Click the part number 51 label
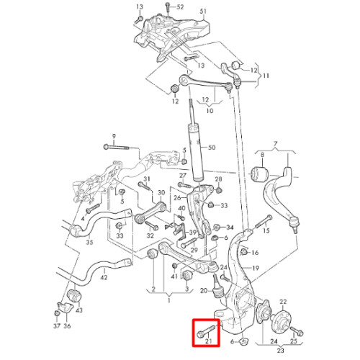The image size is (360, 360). click(x=203, y=12)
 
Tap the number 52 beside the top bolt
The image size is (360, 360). click(x=180, y=7)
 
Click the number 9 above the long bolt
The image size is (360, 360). click(x=114, y=136)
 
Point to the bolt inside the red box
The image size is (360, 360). click(x=207, y=330)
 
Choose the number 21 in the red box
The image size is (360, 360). click(x=209, y=341)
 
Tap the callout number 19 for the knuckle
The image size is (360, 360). click(x=256, y=268)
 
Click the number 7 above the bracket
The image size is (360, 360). click(x=275, y=144)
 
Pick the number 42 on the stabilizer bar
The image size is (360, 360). click(x=104, y=277)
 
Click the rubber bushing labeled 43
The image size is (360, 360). click(x=75, y=297)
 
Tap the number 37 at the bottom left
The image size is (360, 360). click(x=57, y=326)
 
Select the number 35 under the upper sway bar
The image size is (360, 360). click(x=89, y=242)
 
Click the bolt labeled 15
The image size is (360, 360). click(x=264, y=222)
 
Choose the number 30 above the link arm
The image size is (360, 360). click(x=161, y=193)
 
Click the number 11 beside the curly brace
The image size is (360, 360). click(x=266, y=76)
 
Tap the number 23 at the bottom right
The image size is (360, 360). click(x=280, y=351)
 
